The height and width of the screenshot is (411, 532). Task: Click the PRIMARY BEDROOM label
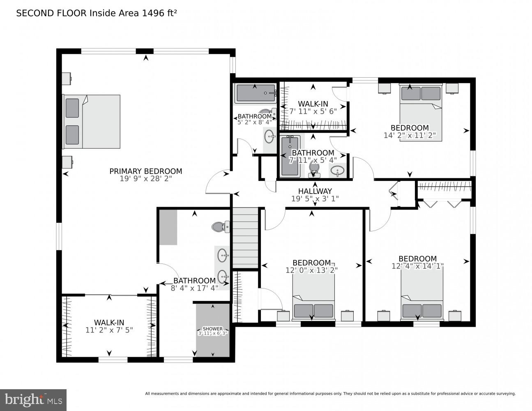coord(145,171)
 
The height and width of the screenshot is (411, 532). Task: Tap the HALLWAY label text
coord(315,191)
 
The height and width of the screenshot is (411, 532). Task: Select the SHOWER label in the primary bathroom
coord(212,329)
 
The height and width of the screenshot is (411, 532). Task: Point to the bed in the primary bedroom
coord(92,122)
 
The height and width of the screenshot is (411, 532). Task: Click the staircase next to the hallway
coord(245,238)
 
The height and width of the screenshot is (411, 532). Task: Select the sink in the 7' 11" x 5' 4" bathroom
coord(338,171)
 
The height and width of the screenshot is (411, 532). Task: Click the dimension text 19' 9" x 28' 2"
coord(145,179)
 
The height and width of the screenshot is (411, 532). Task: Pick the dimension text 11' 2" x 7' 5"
coord(109,330)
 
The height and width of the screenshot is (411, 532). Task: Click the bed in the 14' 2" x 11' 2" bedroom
coord(421,112)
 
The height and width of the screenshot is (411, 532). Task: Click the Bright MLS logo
coord(33,400)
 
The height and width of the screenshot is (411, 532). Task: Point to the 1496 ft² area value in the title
coord(159,13)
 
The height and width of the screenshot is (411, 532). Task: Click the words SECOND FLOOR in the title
coord(51,13)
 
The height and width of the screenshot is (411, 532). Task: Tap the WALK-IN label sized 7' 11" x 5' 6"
coord(313,104)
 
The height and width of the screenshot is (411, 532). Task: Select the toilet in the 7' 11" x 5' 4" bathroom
coord(314,170)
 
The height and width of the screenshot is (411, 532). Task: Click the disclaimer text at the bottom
coord(330,394)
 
